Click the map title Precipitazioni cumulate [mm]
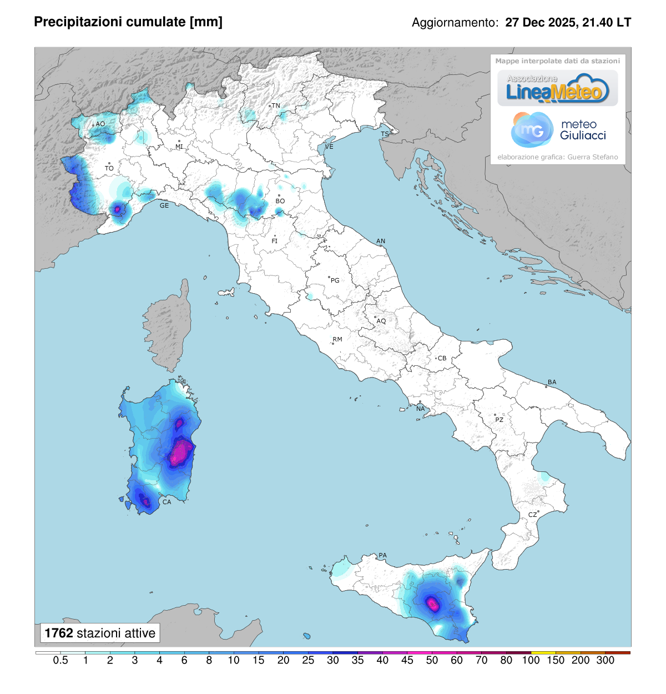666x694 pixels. [x=128, y=22]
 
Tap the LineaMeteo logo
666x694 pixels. [x=557, y=89]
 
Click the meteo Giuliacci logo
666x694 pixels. [x=558, y=130]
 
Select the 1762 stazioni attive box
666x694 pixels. [x=100, y=633]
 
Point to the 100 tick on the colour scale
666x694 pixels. [x=531, y=660]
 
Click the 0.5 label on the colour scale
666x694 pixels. [x=60, y=661]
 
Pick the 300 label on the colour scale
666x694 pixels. [x=605, y=661]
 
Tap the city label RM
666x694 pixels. [x=337, y=339]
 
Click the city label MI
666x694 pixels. [x=179, y=147]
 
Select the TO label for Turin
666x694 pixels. [x=109, y=168]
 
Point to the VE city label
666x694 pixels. [x=329, y=147]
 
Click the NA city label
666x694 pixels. [x=421, y=409]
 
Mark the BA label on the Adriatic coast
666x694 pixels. [x=552, y=382]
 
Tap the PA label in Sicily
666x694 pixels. [x=382, y=555]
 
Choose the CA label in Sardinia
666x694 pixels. [x=167, y=502]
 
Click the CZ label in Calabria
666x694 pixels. [x=532, y=515]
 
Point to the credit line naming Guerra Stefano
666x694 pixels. [x=557, y=157]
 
